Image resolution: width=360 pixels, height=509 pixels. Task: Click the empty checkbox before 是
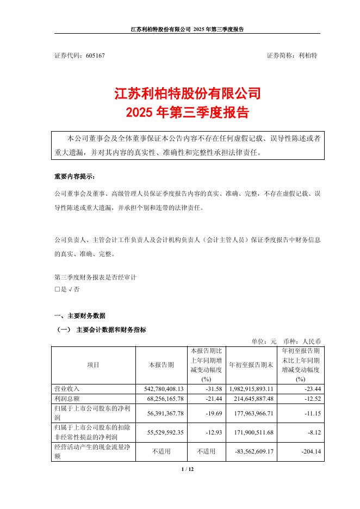(x=57, y=289)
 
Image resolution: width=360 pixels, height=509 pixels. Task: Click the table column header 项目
(x=93, y=365)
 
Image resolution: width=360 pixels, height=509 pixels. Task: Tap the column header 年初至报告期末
(x=251, y=365)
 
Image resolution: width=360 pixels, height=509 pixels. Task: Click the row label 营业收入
(x=66, y=389)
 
